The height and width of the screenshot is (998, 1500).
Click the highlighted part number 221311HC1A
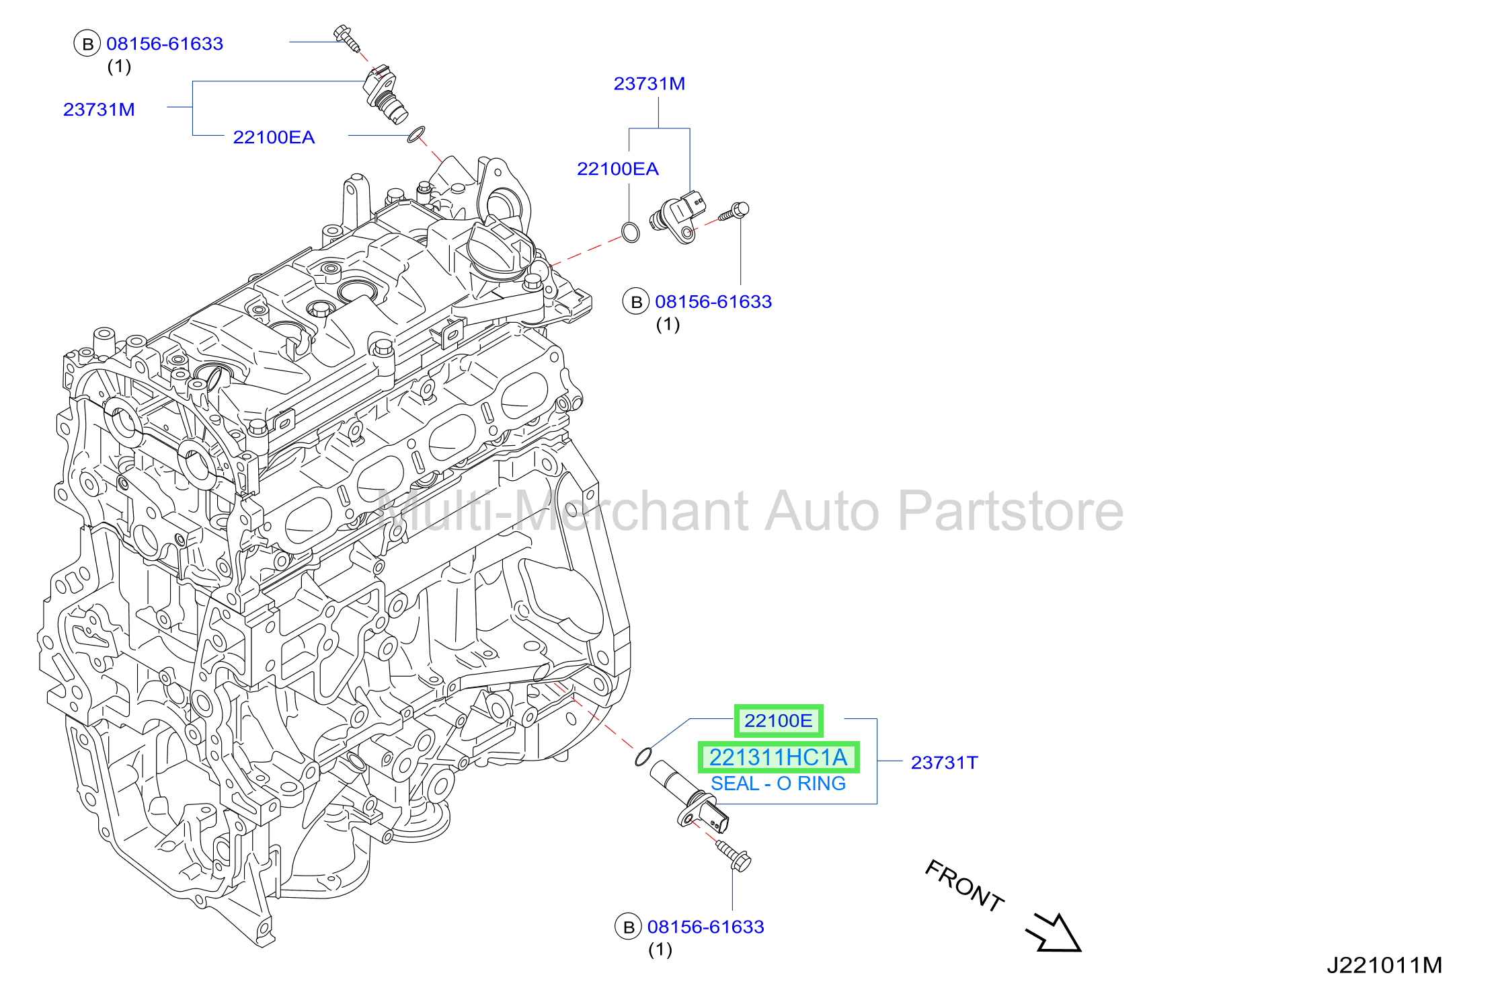pyautogui.click(x=779, y=757)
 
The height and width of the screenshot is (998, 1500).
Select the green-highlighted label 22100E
pyautogui.click(x=779, y=721)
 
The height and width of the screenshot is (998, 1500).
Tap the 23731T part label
pyautogui.click(x=944, y=763)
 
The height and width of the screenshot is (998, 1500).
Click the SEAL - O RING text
pyautogui.click(x=778, y=783)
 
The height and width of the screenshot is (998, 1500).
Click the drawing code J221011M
pyautogui.click(x=1384, y=965)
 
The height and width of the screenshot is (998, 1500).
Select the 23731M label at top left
pyautogui.click(x=99, y=110)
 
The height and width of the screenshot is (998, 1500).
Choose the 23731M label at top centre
pyautogui.click(x=649, y=83)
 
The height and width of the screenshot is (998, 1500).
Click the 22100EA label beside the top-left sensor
pyautogui.click(x=274, y=137)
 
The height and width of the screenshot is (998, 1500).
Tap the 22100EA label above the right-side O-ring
pyautogui.click(x=617, y=169)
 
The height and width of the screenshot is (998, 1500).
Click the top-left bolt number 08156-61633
pyautogui.click(x=165, y=44)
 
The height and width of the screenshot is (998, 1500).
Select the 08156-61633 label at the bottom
pyautogui.click(x=705, y=927)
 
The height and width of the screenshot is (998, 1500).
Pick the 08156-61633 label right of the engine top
pyautogui.click(x=713, y=301)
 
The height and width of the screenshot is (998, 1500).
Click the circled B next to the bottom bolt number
pyautogui.click(x=629, y=927)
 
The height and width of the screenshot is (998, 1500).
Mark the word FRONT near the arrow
pyautogui.click(x=964, y=886)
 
